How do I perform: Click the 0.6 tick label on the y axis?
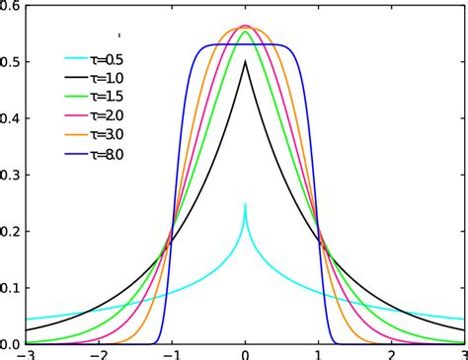point(11,6)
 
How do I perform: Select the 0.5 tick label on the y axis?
point(11,62)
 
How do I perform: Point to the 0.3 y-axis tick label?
point(11,175)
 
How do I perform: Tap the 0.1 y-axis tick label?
point(11,288)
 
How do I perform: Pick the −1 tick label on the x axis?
point(170,353)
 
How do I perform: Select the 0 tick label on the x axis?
point(246,353)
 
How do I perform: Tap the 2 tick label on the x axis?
point(392,353)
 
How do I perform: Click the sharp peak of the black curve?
point(246,62)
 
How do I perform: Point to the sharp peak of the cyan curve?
point(246,204)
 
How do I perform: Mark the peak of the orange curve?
point(246,27)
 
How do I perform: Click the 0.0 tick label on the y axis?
point(11,344)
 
